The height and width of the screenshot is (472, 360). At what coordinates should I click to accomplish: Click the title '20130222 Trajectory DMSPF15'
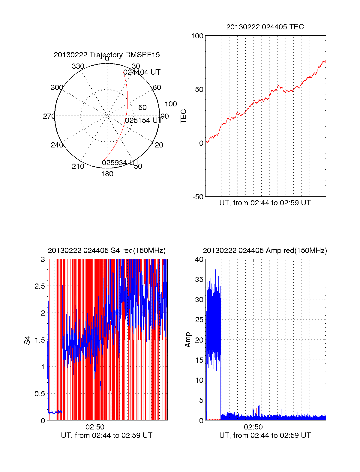point(107,55)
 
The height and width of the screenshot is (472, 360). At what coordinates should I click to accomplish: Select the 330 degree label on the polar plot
point(78,66)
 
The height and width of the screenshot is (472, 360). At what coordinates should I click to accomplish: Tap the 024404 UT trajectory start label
point(142,72)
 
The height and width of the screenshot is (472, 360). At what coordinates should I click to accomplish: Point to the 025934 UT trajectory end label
point(120,163)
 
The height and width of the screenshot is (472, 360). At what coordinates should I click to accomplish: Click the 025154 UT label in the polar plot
point(143,120)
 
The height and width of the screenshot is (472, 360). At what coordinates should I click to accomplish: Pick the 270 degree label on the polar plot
point(49,116)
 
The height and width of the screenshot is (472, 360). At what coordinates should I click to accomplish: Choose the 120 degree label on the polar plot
point(157,145)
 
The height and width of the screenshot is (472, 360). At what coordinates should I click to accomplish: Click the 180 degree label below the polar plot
point(107,174)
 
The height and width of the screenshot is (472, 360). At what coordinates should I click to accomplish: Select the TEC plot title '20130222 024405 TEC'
point(265,27)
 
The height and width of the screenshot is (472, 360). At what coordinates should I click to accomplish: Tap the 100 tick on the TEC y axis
point(197,36)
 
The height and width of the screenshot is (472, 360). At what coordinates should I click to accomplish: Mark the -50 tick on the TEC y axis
point(198,197)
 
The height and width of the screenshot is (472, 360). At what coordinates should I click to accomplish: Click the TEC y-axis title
point(183,116)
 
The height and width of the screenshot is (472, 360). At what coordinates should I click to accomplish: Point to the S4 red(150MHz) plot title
point(106,251)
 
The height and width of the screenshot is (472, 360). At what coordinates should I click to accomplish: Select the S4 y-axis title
point(27,340)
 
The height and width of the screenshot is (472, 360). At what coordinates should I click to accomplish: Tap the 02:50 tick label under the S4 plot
point(95,427)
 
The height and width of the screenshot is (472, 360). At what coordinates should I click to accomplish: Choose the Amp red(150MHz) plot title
point(265,251)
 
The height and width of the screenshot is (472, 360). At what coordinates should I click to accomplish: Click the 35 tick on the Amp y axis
point(199,280)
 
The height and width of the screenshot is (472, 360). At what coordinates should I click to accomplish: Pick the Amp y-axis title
point(188,340)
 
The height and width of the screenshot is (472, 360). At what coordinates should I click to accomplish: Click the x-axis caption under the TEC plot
point(265,203)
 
